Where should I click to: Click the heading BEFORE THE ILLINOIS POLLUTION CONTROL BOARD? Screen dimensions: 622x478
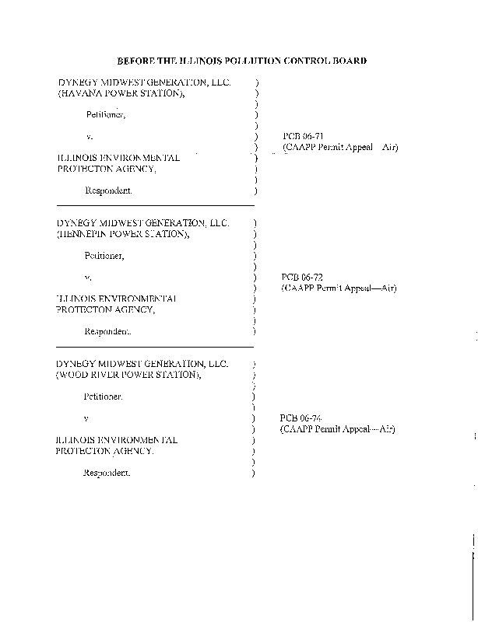[241, 61]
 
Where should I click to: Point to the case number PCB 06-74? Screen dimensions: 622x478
[296, 418]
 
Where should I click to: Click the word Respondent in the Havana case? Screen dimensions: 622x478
[107, 190]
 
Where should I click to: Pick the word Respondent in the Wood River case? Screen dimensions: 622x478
[107, 472]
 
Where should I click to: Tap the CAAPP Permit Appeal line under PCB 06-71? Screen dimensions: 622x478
[340, 147]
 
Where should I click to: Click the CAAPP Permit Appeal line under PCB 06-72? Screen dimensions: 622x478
[339, 288]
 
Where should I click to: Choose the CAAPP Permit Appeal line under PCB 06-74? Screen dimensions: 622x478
[338, 429]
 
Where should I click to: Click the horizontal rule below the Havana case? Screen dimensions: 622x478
[156, 205]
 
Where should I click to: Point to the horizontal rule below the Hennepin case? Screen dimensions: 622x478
[156, 346]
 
